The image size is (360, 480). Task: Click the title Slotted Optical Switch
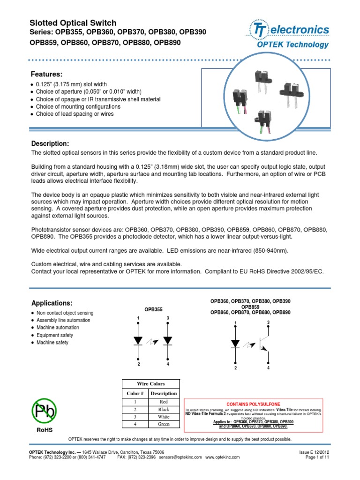(73, 23)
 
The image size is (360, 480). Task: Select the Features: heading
(46, 75)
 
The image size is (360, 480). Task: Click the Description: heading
(50, 143)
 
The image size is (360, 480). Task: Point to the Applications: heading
(52, 303)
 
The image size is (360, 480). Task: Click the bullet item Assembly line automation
(63, 320)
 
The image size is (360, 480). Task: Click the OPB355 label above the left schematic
(153, 309)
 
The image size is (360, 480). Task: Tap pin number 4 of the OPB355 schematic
(168, 364)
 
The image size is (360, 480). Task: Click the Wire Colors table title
(150, 384)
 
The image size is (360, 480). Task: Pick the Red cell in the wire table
(164, 402)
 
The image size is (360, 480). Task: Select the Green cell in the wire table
(164, 424)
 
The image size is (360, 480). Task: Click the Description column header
(164, 393)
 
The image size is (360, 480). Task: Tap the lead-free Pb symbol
(45, 412)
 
